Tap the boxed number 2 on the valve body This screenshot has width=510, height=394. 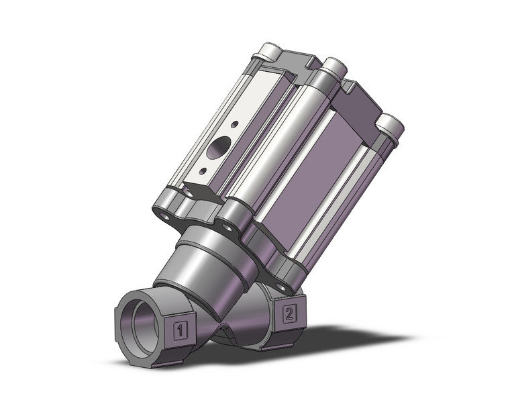[x=289, y=312]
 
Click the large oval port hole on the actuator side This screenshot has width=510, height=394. [x=217, y=148]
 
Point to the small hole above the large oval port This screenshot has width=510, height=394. [x=233, y=124]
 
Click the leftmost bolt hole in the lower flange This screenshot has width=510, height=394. [x=164, y=215]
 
